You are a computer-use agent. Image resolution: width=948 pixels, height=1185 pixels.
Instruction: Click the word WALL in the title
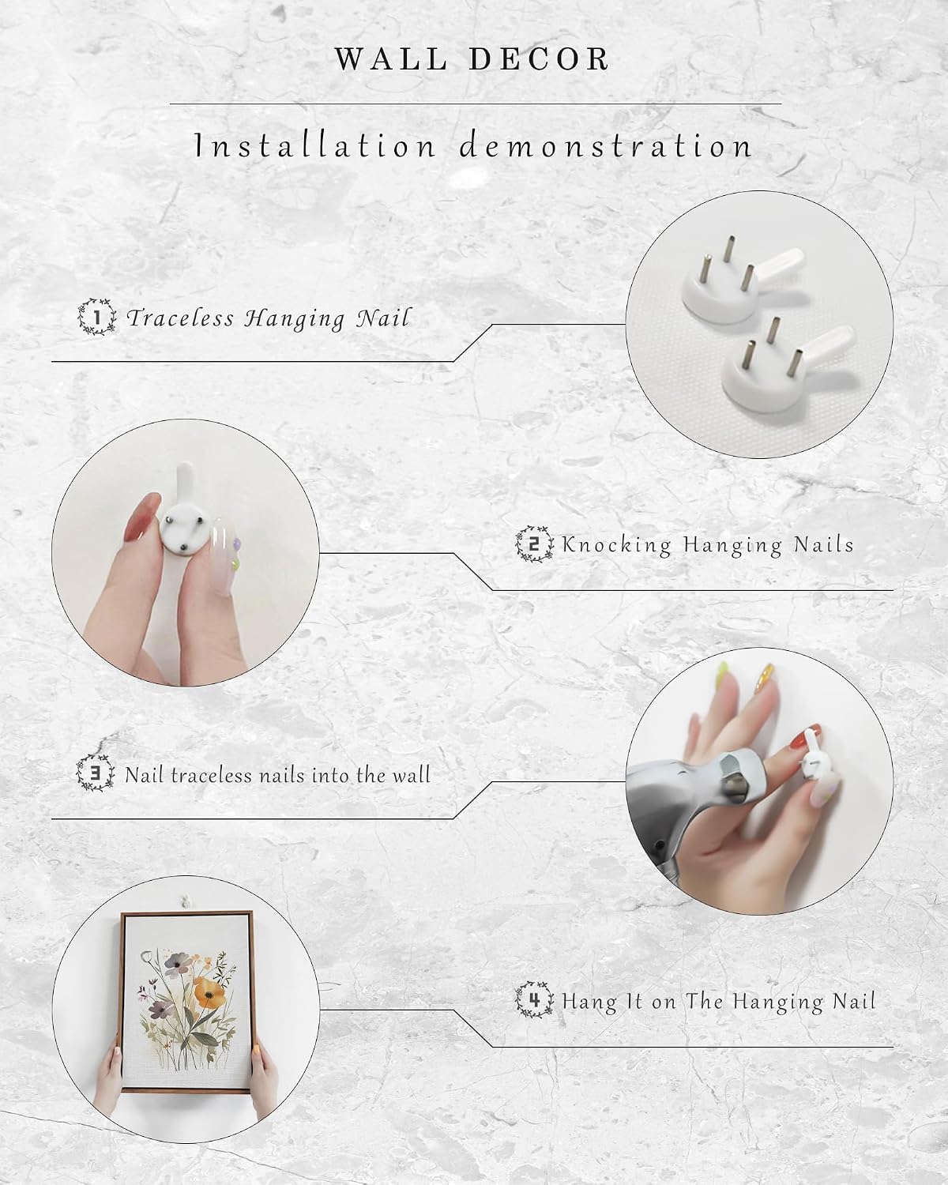click(391, 58)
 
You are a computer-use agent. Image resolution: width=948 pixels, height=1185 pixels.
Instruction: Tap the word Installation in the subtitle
click(317, 146)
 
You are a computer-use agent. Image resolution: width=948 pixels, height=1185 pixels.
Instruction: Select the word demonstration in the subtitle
click(606, 146)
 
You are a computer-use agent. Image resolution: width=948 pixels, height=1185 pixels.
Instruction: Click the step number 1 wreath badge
click(97, 317)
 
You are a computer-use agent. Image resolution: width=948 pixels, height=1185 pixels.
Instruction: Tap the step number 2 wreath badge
click(534, 544)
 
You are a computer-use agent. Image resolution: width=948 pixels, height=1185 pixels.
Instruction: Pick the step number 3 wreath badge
click(96, 773)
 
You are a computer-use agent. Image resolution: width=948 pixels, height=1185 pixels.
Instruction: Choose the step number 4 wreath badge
click(534, 1000)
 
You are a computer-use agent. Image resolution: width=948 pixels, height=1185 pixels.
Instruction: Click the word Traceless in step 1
click(181, 318)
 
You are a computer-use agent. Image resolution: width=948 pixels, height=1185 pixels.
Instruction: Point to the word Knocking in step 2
click(616, 544)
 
